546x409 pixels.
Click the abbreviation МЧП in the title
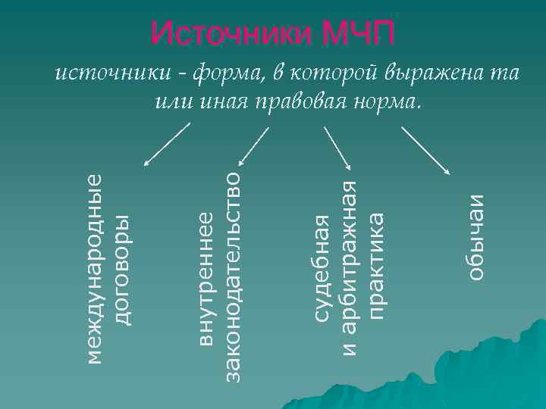click(358, 33)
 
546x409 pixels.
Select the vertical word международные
click(94, 267)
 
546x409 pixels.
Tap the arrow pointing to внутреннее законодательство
click(253, 145)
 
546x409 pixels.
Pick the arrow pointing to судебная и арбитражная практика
click(338, 148)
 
